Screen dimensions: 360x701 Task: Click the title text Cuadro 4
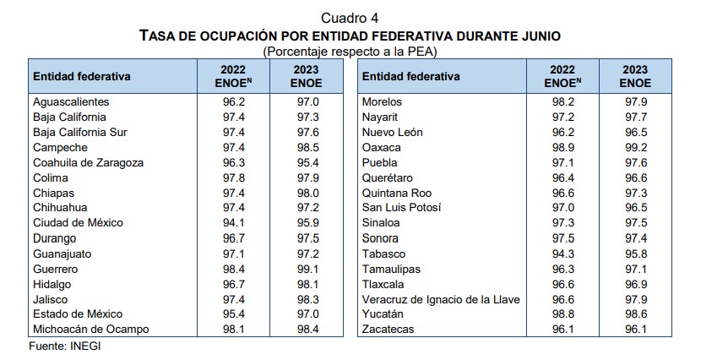click(350, 19)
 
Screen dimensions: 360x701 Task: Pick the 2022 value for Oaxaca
click(562, 147)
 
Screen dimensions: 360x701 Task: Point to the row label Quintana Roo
click(395, 192)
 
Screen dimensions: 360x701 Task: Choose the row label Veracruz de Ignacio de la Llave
click(440, 298)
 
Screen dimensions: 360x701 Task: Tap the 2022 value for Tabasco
click(562, 253)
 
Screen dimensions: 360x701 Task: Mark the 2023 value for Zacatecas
click(635, 329)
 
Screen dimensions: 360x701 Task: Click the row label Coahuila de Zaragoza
click(88, 162)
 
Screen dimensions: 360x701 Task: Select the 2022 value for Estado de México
click(235, 314)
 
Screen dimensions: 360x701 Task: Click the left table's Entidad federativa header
click(82, 76)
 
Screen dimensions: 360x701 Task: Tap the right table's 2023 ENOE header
click(635, 76)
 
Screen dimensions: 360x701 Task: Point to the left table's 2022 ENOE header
click(235, 76)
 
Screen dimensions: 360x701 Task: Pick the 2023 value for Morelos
click(635, 101)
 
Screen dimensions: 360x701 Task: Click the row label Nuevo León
click(392, 132)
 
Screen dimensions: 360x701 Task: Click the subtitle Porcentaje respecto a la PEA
click(350, 52)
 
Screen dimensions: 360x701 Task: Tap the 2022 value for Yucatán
click(562, 314)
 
